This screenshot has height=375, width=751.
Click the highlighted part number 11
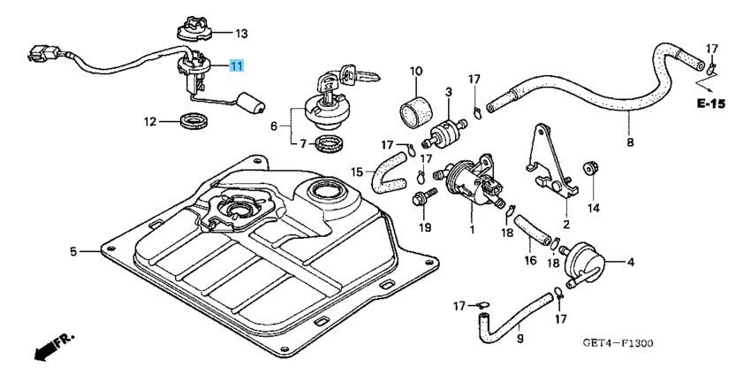(236, 66)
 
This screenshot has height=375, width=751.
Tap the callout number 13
(241, 34)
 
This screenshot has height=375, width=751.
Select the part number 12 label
(150, 120)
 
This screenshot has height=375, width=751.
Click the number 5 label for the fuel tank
(73, 252)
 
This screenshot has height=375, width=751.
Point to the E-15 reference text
(709, 103)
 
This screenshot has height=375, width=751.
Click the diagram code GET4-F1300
(618, 344)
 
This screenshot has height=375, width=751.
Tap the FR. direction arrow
(54, 348)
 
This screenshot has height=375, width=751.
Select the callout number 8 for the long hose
(630, 142)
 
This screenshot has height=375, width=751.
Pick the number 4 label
(631, 262)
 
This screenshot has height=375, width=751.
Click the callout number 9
(520, 337)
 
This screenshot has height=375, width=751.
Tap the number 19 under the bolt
(425, 227)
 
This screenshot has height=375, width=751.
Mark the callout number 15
(356, 172)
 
